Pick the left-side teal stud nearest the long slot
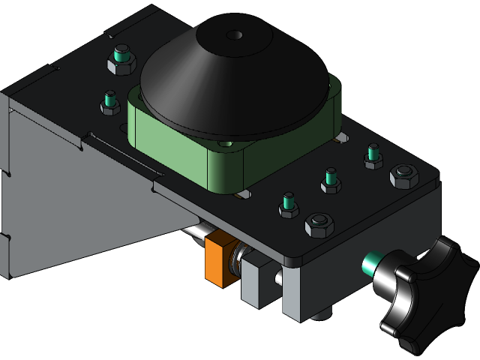110,101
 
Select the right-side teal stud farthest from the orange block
373,156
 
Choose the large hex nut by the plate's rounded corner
403,177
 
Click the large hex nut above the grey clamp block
318,224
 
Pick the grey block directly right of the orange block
253,281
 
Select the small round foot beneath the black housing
321,313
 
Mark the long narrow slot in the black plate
120,150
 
